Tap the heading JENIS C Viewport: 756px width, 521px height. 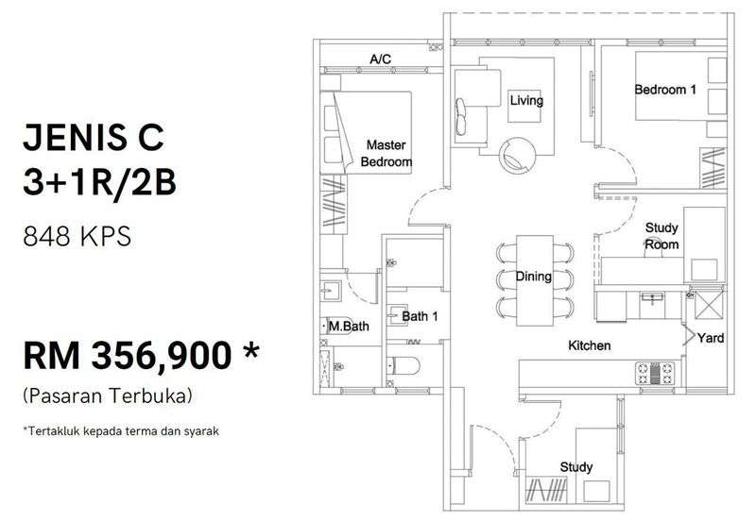tap(94, 137)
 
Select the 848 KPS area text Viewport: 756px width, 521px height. tap(77, 236)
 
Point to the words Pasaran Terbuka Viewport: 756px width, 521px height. tap(108, 395)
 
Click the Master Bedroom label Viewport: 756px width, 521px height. tap(387, 153)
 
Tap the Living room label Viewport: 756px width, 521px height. tap(526, 101)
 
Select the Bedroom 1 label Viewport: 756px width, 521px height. tap(665, 90)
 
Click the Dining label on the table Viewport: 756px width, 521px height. tap(534, 277)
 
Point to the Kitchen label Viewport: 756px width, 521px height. tap(589, 345)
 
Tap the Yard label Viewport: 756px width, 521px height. tap(711, 338)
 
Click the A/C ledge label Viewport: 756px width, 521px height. tap(381, 59)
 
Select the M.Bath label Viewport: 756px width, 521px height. tap(349, 327)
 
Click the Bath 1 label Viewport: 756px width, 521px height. tap(420, 316)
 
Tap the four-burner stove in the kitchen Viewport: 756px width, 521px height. tap(655, 373)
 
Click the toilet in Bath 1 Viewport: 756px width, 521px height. tap(404, 366)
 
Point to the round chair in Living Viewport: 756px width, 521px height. tap(517, 155)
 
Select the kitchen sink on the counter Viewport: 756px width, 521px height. tap(652, 297)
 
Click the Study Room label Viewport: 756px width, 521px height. tap(661, 236)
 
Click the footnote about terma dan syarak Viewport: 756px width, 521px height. tap(121, 431)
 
